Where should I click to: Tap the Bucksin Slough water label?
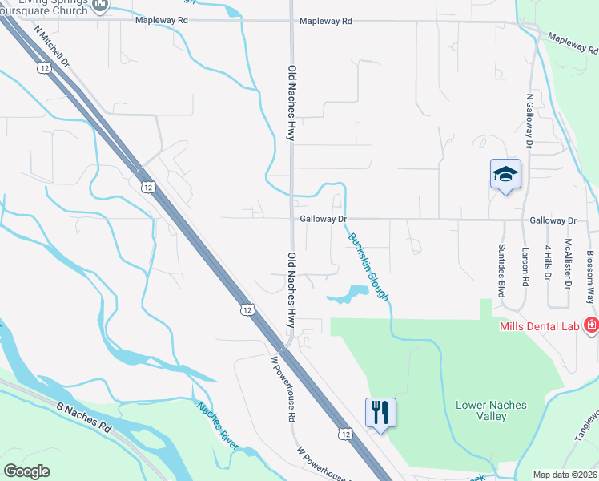point(368,267)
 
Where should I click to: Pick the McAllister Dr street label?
point(569,263)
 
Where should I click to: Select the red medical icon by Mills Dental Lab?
point(592,325)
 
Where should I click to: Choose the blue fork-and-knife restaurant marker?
point(381,413)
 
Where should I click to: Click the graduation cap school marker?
point(505,174)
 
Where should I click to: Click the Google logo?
point(27,471)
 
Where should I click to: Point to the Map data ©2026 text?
point(565,475)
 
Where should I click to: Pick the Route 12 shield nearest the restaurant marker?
point(345,434)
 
